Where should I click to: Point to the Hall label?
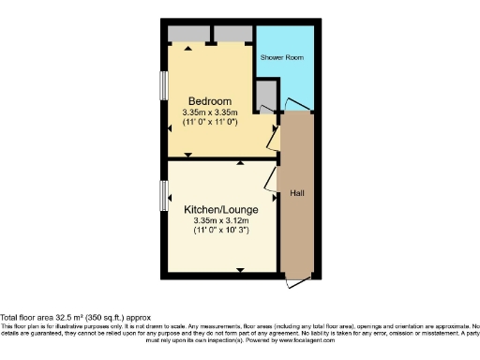(x=296, y=192)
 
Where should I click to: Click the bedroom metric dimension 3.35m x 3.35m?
(x=211, y=112)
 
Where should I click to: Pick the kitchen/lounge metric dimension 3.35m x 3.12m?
(x=221, y=220)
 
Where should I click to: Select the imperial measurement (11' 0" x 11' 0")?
(x=211, y=122)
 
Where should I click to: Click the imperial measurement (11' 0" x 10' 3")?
(x=221, y=231)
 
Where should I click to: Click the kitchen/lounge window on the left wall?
(x=164, y=196)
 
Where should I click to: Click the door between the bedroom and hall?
(x=272, y=138)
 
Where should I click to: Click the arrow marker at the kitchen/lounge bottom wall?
(x=242, y=271)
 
